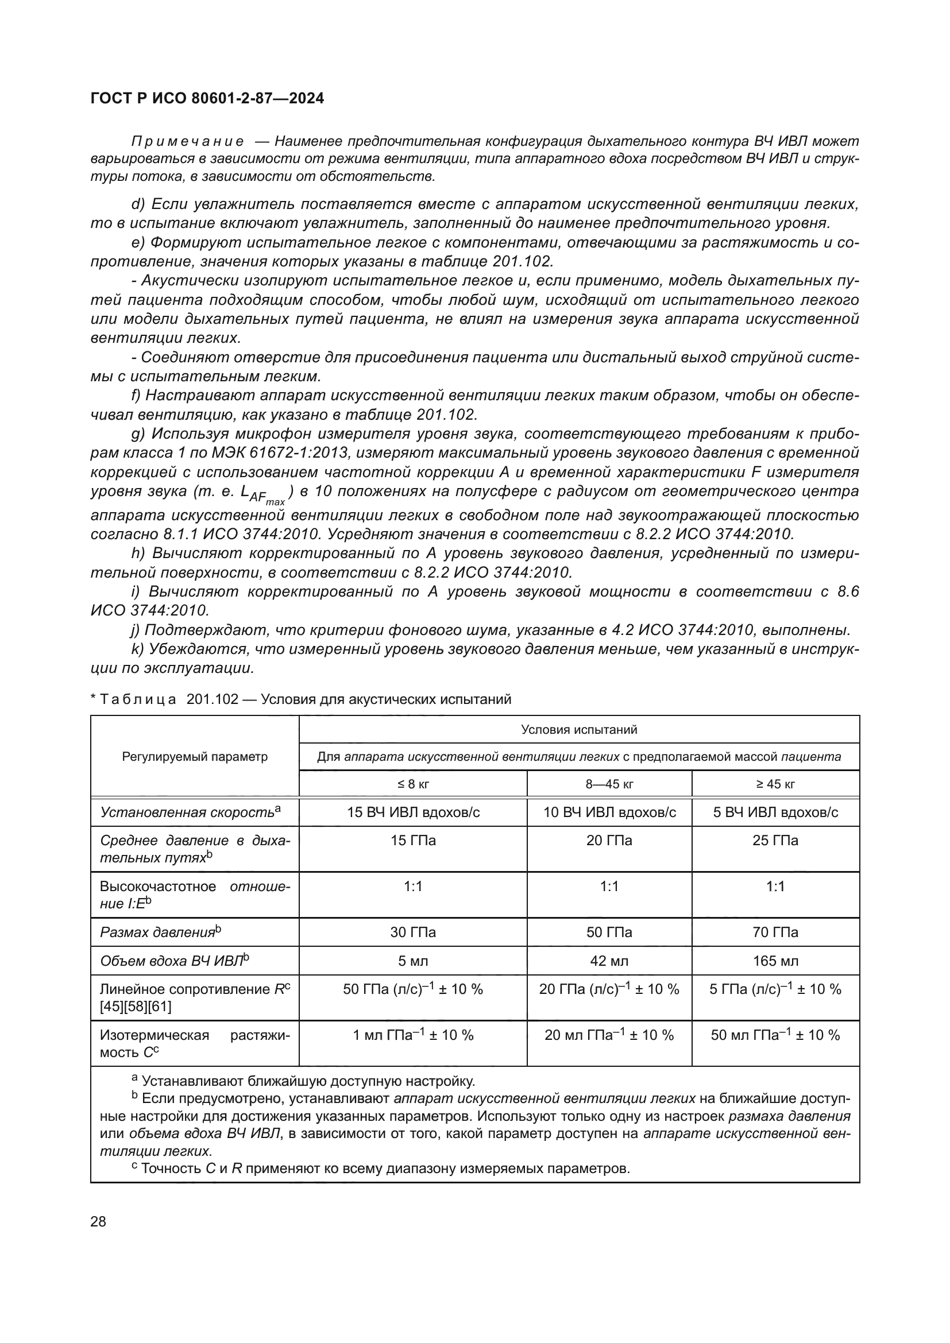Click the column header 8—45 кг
tap(609, 784)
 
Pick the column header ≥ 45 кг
tap(775, 784)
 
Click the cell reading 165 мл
tap(775, 961)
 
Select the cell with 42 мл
tap(609, 961)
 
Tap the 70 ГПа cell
tap(775, 932)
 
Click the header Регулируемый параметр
tap(195, 757)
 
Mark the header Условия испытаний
tap(578, 730)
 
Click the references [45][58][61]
tap(136, 1007)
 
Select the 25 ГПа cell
tap(775, 841)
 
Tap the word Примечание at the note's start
tap(187, 142)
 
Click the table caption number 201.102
tap(213, 699)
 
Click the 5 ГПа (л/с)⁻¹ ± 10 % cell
tap(775, 990)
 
